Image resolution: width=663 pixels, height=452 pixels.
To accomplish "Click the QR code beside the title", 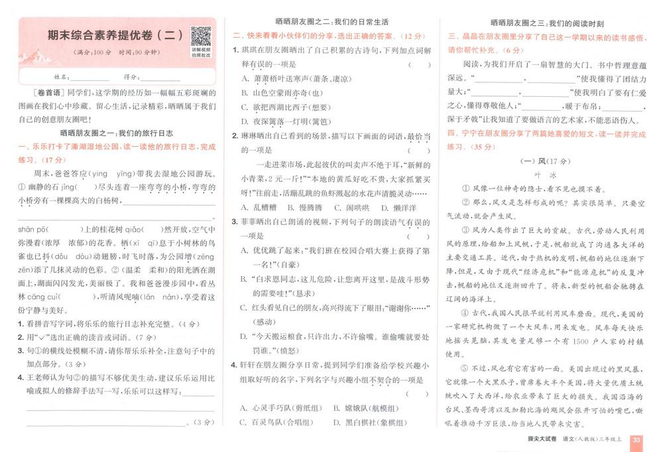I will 200,36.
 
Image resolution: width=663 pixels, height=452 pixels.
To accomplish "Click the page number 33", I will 636,440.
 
